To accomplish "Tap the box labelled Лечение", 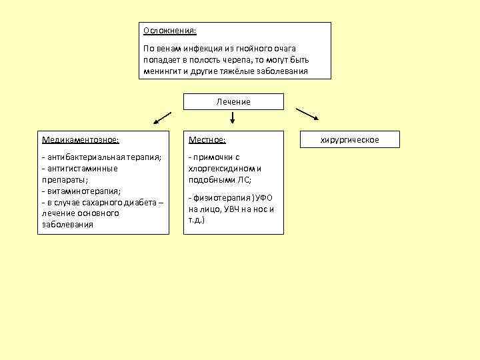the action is pos(233,101).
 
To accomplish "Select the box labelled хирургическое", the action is pos(350,139).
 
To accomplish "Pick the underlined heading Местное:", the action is pos(207,140).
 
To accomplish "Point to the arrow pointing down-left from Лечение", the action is pos(163,118).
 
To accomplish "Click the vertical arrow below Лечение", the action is pos(233,118).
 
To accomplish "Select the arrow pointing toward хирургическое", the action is pos(307,115).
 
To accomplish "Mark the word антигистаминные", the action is pos(79,168).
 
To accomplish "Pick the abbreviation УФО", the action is pos(264,198).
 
